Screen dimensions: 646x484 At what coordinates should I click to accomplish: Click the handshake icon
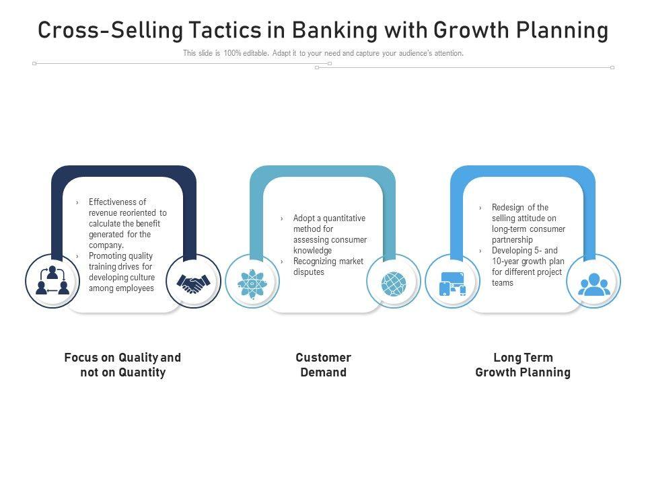tap(193, 282)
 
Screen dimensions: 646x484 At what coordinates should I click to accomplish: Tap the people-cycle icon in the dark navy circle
tap(52, 281)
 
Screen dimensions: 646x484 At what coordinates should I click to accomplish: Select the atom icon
tap(252, 282)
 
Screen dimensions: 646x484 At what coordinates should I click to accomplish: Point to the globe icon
tap(394, 283)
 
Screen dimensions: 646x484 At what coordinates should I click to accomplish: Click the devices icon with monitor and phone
tap(452, 283)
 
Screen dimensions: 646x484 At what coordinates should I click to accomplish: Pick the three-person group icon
tap(594, 283)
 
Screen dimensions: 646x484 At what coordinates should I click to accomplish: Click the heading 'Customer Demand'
tap(323, 365)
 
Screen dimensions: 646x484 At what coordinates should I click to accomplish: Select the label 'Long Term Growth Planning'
tap(523, 365)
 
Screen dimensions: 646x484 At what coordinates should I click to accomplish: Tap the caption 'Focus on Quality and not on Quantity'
tap(122, 365)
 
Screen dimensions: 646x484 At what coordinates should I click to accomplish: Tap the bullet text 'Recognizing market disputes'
tap(328, 267)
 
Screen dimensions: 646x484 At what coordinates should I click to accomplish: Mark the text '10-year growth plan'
tap(528, 261)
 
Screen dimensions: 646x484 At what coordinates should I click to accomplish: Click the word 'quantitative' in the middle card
tap(343, 218)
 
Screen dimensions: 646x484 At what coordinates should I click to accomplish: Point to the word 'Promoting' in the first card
tap(107, 256)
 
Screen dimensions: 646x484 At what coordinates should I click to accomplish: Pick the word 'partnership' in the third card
tap(512, 240)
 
